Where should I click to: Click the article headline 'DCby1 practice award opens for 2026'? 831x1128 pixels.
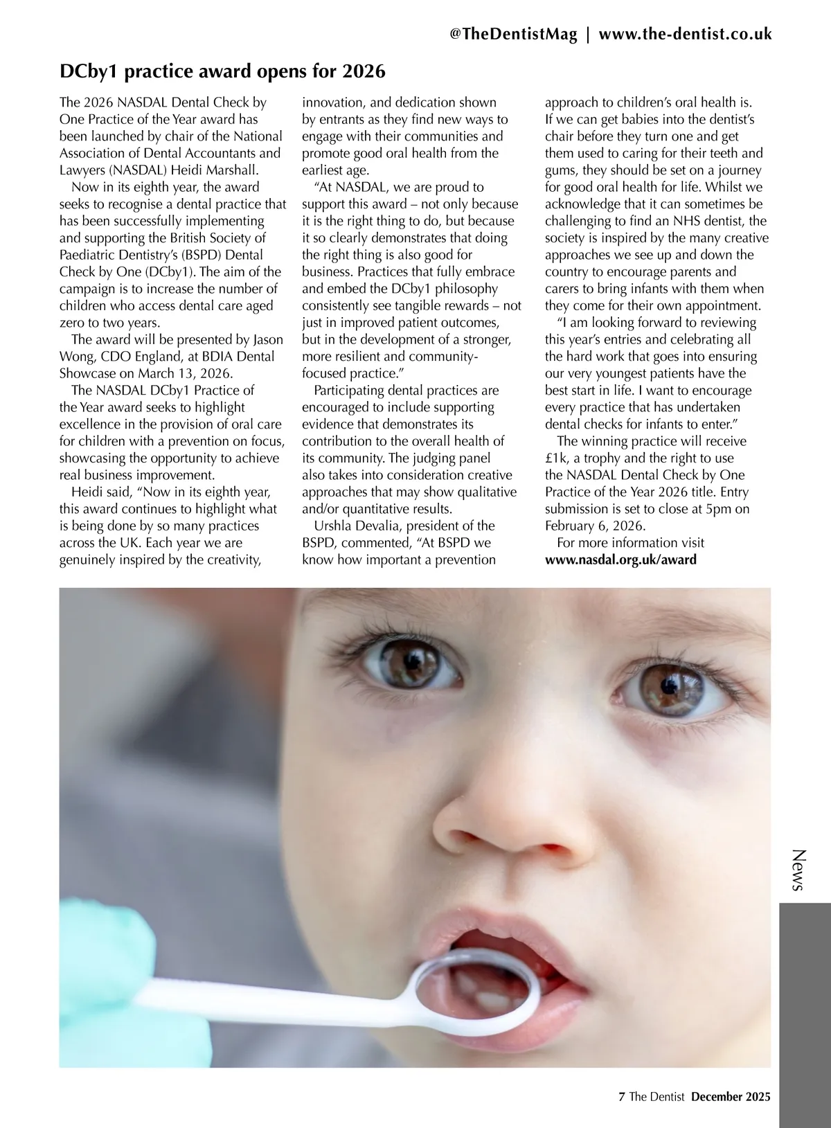222,71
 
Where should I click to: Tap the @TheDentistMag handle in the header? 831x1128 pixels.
513,35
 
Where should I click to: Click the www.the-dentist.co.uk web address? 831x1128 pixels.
685,35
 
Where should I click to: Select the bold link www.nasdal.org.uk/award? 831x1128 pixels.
620,559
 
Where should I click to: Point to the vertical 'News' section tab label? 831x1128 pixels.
798,870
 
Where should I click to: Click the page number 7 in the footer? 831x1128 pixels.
621,1096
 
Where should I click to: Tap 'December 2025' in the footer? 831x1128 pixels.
731,1096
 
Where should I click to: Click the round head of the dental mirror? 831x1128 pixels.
478,992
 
